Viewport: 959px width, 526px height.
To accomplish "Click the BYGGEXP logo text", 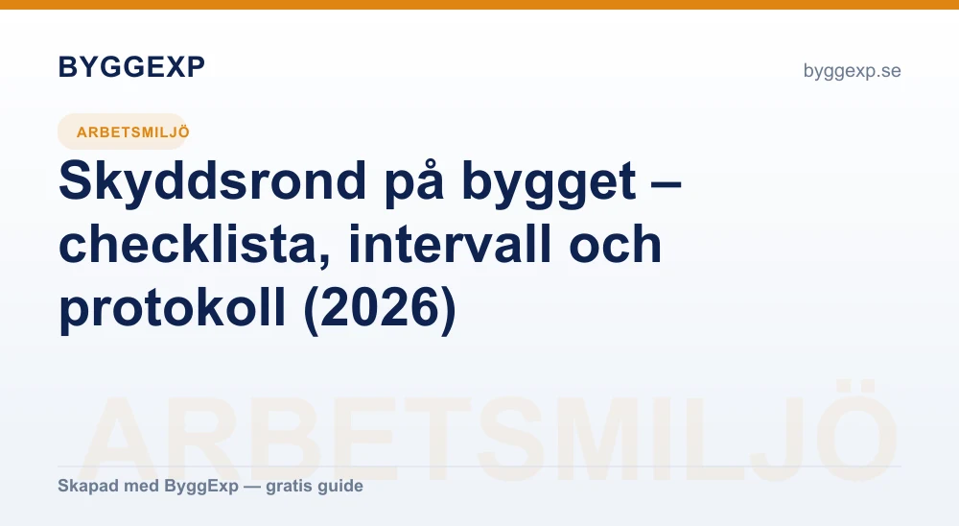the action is coord(131,67).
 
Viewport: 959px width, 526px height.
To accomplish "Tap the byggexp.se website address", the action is coord(852,71).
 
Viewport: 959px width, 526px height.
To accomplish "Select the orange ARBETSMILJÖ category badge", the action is coord(123,131).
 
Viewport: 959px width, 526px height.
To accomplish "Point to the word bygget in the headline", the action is coord(549,181).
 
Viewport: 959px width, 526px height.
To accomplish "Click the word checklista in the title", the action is coord(195,245).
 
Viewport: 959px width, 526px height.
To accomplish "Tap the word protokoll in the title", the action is coord(173,308).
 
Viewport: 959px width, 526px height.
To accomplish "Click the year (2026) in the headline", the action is coord(380,308).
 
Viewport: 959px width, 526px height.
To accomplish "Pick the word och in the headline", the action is coord(616,244).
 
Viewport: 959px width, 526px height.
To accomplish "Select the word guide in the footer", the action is coord(342,487).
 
